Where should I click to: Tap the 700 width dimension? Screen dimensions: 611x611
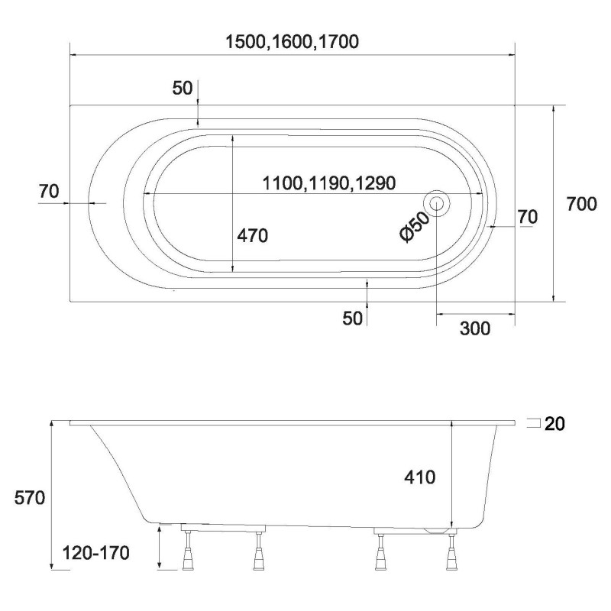pos(582,204)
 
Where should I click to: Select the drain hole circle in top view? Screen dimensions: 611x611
pos(437,204)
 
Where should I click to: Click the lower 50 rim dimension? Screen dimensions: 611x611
pos(352,318)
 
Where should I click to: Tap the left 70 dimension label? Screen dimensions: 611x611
pos(49,192)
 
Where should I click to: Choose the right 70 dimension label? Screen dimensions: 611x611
pos(527,217)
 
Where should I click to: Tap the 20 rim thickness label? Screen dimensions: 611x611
pos(555,424)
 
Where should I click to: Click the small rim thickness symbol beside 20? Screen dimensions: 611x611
pos(535,423)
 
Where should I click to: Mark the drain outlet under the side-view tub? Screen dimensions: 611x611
pos(438,529)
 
